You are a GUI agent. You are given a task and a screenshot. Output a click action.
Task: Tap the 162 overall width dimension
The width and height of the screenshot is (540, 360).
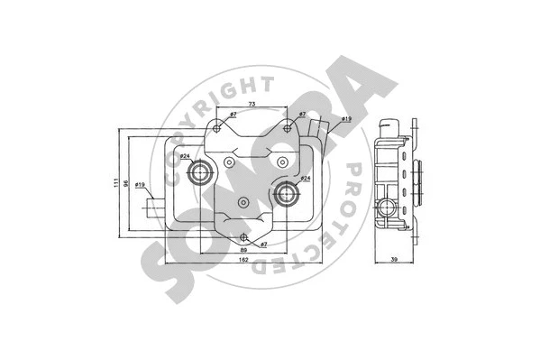[243, 261]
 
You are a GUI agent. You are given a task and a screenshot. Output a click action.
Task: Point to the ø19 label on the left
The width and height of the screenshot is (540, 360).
[141, 185]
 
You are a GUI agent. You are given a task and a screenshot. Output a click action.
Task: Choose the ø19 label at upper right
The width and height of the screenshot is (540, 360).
[345, 119]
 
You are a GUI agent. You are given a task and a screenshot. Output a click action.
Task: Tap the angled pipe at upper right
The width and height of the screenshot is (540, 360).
[316, 135]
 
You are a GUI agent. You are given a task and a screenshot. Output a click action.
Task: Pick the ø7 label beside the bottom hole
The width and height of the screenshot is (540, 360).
[264, 245]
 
